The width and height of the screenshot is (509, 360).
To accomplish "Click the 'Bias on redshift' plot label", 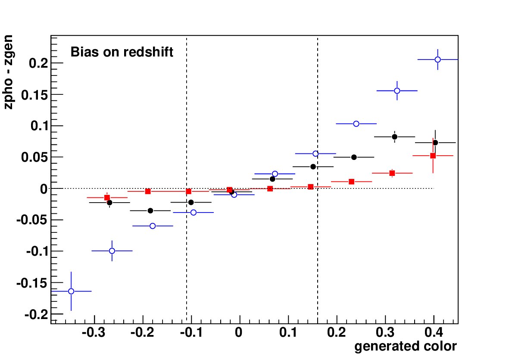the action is coord(122,52).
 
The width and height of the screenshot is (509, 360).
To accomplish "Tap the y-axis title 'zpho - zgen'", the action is coord(9,72).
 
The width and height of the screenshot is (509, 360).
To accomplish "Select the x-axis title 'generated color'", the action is coord(406,346).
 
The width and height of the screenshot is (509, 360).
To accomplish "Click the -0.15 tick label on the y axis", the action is coord(31,283).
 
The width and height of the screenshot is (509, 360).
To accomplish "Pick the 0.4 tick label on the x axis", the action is coord(434,332).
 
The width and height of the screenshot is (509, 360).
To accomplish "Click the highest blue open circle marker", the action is coord(437,59).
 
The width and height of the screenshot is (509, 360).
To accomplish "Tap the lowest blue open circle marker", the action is coord(71,291).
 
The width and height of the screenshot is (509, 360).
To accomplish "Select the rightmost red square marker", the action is coord(433,156).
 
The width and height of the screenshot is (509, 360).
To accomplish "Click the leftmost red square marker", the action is coord(107,197).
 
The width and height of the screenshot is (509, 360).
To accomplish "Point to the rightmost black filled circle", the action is coord(435,143).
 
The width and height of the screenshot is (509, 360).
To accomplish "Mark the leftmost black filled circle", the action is coord(109,203).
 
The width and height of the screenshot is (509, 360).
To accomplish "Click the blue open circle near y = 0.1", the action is coord(356,124).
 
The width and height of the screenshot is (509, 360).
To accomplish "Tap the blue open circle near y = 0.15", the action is coord(397,91).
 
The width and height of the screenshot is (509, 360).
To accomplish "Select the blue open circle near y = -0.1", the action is coord(112,250).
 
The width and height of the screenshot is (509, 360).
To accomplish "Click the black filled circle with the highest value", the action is coord(394,137).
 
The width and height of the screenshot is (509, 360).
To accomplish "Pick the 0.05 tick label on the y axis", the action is coord(34,157).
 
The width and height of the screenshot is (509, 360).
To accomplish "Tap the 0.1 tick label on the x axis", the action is coord(288,332).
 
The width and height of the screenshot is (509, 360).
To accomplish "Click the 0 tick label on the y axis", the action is coord(44,189).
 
